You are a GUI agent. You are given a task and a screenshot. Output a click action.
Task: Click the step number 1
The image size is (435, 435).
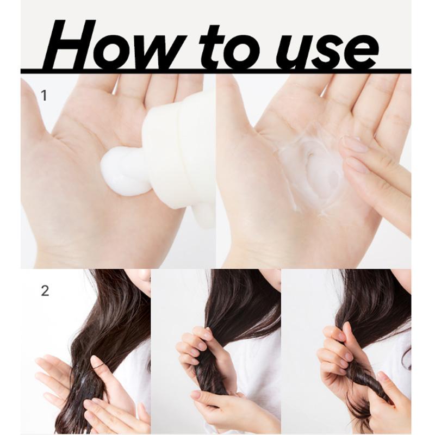pyautogui.click(x=44, y=96)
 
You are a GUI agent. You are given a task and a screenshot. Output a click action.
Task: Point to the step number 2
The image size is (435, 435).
pyautogui.click(x=45, y=290)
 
